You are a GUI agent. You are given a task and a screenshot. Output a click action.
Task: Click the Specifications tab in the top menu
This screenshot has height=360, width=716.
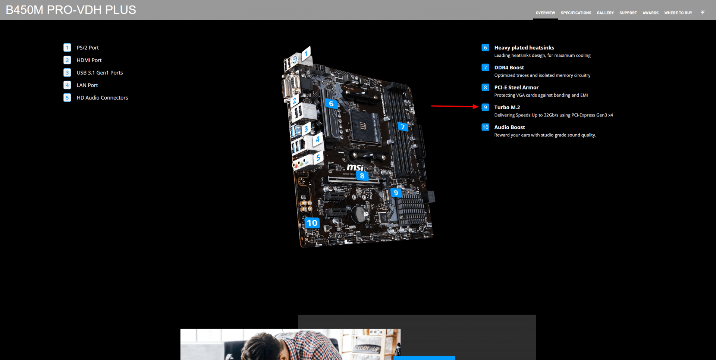point(576,13)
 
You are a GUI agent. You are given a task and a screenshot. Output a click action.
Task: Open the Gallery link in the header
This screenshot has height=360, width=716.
point(605,13)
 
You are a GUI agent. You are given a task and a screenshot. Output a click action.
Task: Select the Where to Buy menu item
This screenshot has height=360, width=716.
point(678,13)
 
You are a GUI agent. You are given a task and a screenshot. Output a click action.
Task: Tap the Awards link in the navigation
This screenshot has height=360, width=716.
point(650,13)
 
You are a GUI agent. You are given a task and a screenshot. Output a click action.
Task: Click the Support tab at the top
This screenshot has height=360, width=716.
point(628,13)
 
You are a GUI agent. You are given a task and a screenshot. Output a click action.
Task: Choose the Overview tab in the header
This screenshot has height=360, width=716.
point(545,13)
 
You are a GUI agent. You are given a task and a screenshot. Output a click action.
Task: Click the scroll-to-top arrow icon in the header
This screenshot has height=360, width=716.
point(703,13)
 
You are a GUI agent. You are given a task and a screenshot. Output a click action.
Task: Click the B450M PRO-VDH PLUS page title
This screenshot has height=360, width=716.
point(71,10)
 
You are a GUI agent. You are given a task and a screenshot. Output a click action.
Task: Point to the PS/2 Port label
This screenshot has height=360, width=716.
point(88,48)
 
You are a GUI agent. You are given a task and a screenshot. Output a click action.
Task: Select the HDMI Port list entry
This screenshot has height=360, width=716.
point(89,60)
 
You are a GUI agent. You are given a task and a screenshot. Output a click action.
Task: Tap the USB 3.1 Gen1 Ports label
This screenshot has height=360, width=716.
point(100,73)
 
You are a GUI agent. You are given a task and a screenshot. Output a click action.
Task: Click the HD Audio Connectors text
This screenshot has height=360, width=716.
point(102,98)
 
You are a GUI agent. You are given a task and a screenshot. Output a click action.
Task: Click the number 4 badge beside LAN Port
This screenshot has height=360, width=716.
point(67,85)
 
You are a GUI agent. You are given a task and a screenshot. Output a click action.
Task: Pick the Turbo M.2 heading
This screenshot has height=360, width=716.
point(507,107)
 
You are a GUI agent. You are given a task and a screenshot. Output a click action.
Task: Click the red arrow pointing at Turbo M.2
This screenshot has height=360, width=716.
point(455,106)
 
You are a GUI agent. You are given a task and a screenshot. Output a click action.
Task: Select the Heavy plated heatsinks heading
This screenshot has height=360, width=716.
point(524,48)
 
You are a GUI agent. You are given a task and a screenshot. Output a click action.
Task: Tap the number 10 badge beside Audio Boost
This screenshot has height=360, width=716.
point(485,127)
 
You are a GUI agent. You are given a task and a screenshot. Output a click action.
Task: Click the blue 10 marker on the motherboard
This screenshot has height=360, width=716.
point(312,223)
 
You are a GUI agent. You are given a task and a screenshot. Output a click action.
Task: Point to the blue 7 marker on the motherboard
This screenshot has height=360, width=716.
point(403,127)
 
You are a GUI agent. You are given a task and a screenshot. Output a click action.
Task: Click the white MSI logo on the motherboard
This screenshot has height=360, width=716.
point(355,168)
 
